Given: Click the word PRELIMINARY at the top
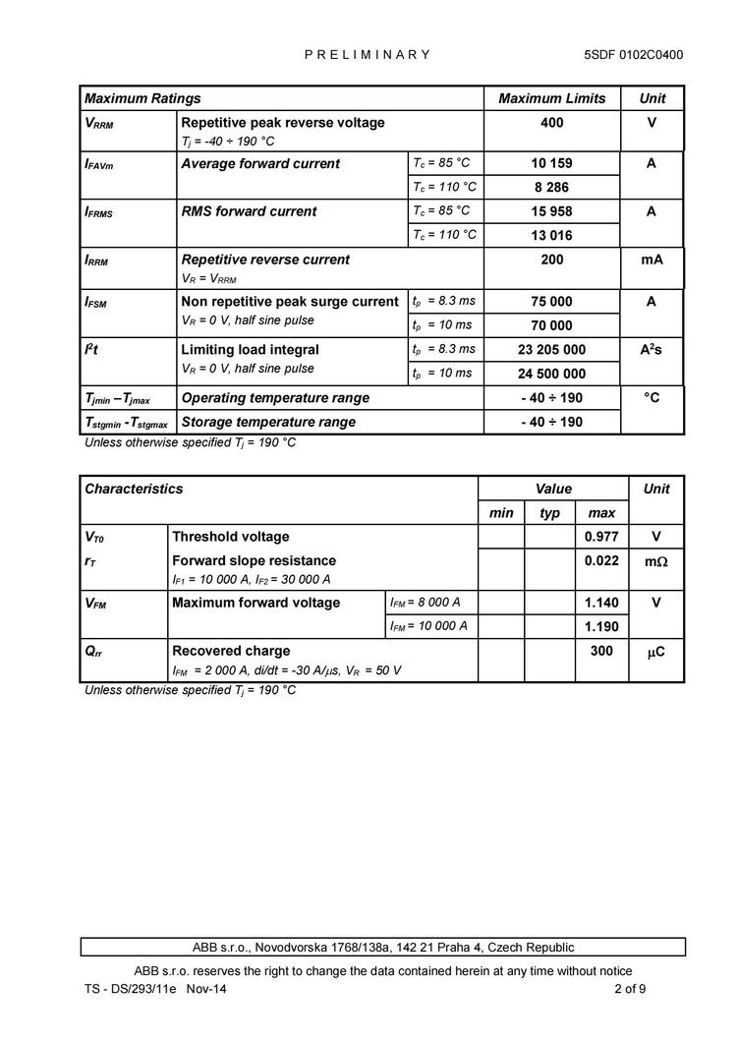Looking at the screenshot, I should coord(368,55).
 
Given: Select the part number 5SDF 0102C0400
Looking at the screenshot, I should coord(633,55).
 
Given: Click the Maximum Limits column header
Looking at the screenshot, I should coord(551,98).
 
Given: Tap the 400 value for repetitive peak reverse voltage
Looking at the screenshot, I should coord(551,123).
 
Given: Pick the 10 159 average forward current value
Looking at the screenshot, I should coord(551,164).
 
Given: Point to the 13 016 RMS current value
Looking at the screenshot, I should coord(551,236).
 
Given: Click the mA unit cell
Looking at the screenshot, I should coord(652,260).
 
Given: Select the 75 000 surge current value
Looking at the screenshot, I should coord(551,302).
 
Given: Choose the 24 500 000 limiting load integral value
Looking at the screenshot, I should coord(551,374).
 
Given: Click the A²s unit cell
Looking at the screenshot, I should coord(652,349).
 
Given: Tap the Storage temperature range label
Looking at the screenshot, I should coord(268,422).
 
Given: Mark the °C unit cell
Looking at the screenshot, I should coord(652,398).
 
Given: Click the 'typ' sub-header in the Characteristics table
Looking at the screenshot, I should coord(549,513).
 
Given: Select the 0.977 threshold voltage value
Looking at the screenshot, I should coord(600,537).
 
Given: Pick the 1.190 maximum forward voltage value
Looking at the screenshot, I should coord(600,626).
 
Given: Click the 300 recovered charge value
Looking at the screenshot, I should coord(600,651).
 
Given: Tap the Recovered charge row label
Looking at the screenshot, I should coord(231,651).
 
